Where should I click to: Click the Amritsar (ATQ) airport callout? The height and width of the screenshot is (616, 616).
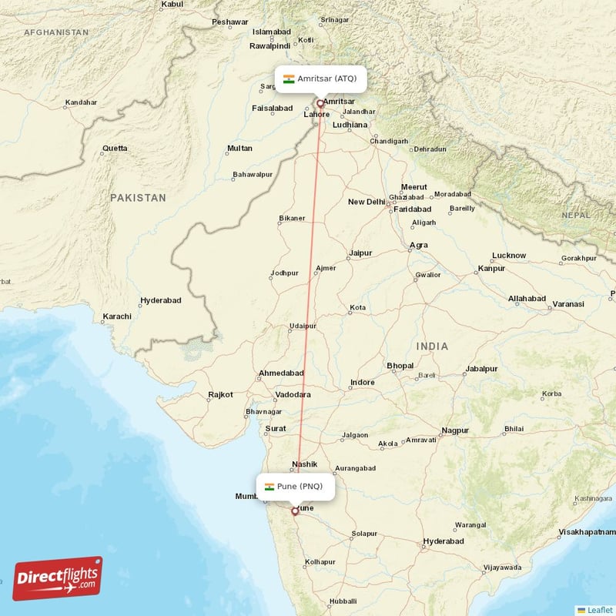[x=320, y=79]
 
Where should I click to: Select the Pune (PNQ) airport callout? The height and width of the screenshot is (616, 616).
[x=295, y=487]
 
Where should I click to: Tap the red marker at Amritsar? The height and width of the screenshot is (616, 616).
[x=320, y=102]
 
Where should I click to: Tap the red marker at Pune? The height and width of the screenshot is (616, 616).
[x=295, y=511]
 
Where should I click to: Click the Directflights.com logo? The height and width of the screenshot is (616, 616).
[x=58, y=578]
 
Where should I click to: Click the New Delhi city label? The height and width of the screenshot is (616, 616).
[x=367, y=203]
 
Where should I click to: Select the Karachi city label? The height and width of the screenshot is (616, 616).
[x=117, y=316]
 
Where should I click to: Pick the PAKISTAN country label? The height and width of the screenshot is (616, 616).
[x=138, y=198]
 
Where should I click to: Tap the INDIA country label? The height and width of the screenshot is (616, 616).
[x=432, y=347]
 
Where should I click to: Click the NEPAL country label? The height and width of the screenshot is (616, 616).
[x=575, y=216]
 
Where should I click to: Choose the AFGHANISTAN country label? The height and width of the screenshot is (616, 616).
[x=56, y=32]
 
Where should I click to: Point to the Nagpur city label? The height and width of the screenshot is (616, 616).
[x=455, y=430]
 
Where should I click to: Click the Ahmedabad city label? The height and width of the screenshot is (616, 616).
[x=281, y=373]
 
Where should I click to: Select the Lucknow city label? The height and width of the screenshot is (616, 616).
[x=509, y=256]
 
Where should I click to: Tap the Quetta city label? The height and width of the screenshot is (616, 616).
[x=115, y=148]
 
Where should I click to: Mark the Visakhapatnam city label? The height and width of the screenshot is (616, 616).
[x=587, y=532]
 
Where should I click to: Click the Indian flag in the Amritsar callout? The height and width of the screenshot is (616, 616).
[x=289, y=79]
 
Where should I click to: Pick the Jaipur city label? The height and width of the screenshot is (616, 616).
[x=360, y=253]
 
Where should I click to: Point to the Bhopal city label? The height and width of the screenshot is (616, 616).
[x=400, y=365]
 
